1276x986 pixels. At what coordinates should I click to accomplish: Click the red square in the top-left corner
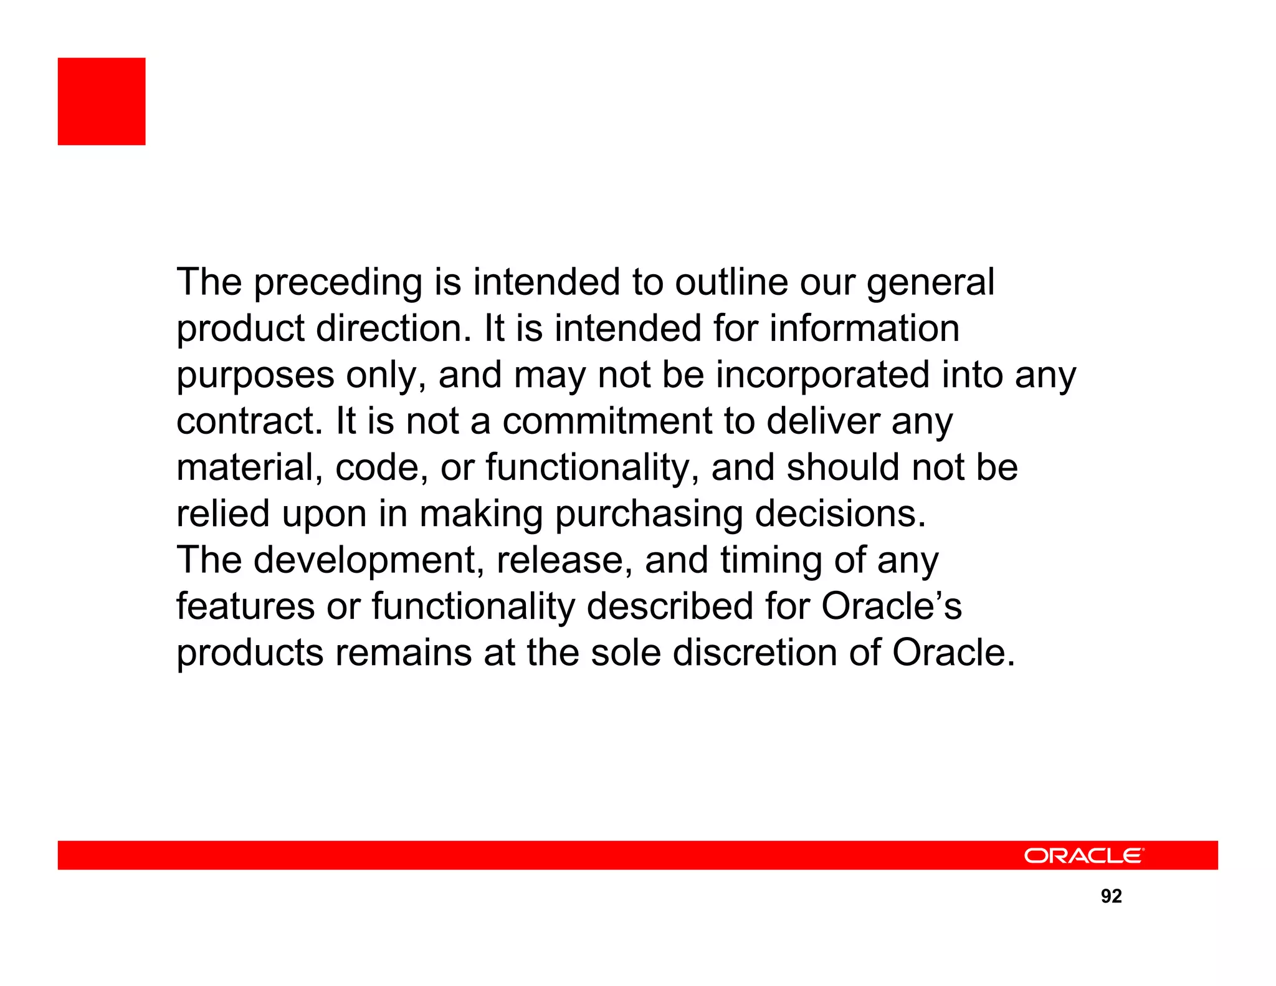[102, 102]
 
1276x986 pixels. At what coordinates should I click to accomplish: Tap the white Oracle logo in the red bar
[1083, 855]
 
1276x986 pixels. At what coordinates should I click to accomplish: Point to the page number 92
[1111, 896]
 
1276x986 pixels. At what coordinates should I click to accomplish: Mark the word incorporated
[822, 376]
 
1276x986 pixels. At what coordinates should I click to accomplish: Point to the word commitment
[607, 421]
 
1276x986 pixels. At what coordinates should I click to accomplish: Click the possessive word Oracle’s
[892, 606]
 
